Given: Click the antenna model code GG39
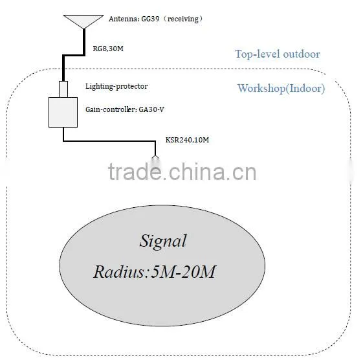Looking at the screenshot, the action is point(150,19).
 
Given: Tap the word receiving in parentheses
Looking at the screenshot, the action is point(183,19).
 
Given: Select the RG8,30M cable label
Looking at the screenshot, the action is point(108,49).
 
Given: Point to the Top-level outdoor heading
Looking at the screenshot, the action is point(278,54).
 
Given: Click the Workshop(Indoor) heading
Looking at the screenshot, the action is point(281,89).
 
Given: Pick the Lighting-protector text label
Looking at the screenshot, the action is point(116,86).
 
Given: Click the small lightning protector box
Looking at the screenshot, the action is point(63,89).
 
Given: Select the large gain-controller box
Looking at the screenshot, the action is point(63,113).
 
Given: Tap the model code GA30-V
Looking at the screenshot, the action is point(151,109).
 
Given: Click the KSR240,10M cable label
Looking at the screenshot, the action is point(187,140).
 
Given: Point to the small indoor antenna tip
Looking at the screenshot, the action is point(155,157).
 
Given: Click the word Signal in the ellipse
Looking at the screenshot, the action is point(163,241).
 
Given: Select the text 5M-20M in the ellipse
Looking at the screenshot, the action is point(183,272).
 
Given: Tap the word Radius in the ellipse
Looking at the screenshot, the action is point(119,272).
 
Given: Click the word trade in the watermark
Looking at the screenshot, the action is point(135,172).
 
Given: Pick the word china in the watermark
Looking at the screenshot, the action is point(197,172).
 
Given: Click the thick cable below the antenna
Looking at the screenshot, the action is point(74,55).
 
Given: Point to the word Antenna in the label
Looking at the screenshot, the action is point(124,19).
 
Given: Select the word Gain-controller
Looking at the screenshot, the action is point(110,109).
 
